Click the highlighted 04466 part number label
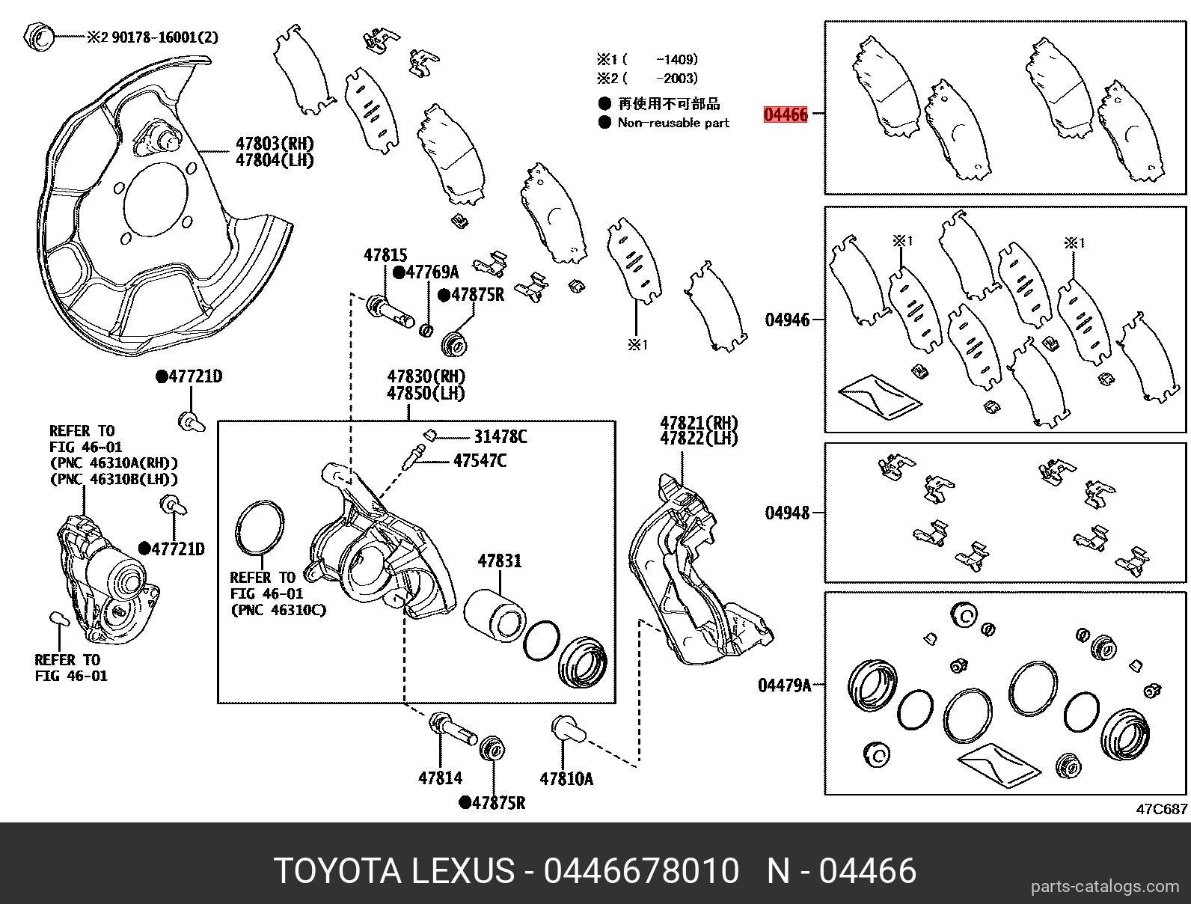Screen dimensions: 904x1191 tap(786, 114)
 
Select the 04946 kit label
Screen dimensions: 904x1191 tap(787, 320)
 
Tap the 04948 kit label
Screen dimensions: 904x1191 tap(787, 513)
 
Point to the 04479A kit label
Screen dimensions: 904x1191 tap(784, 685)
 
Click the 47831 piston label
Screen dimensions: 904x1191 tap(500, 561)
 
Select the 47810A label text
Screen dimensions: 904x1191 tap(566, 779)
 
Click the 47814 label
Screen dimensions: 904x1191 tap(440, 778)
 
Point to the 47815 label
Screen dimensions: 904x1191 tap(386, 255)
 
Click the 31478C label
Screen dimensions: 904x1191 tap(500, 436)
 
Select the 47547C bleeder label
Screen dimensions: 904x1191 tap(479, 460)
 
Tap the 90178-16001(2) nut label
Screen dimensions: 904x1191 tap(165, 37)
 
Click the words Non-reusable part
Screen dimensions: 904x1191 tap(673, 123)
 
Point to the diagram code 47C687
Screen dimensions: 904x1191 tap(1162, 809)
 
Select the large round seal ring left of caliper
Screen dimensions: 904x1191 tap(260, 530)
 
